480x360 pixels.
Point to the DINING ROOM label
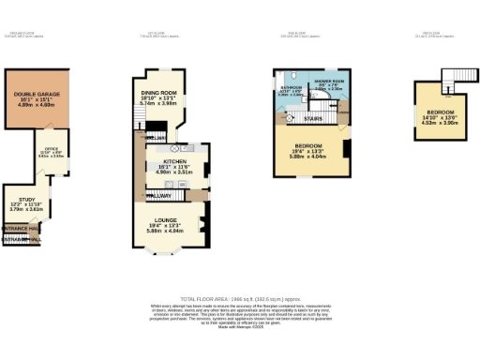157,93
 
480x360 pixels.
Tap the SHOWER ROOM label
327,81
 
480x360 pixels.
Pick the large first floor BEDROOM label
309,146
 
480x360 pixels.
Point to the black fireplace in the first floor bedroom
346,148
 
